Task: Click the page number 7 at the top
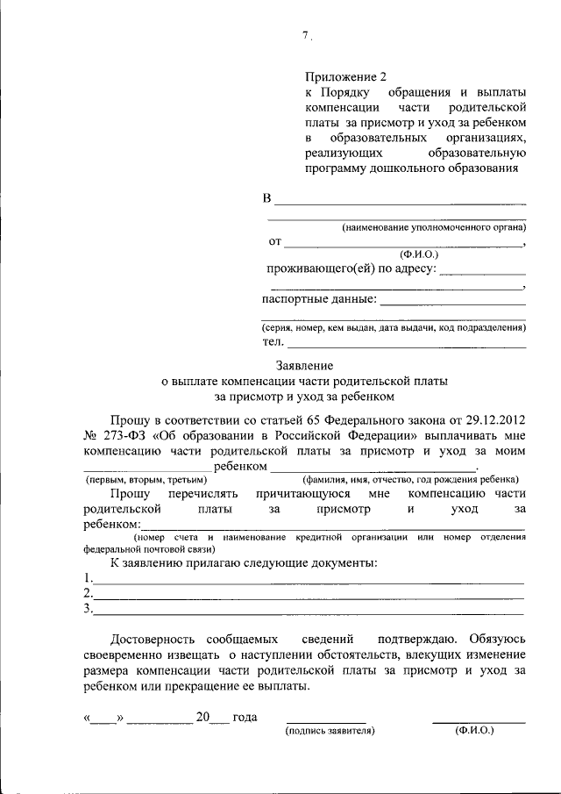306,36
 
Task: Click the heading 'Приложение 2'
345,77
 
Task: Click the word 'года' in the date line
245,718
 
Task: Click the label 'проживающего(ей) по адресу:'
351,268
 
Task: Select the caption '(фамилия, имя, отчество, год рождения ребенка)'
409,481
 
